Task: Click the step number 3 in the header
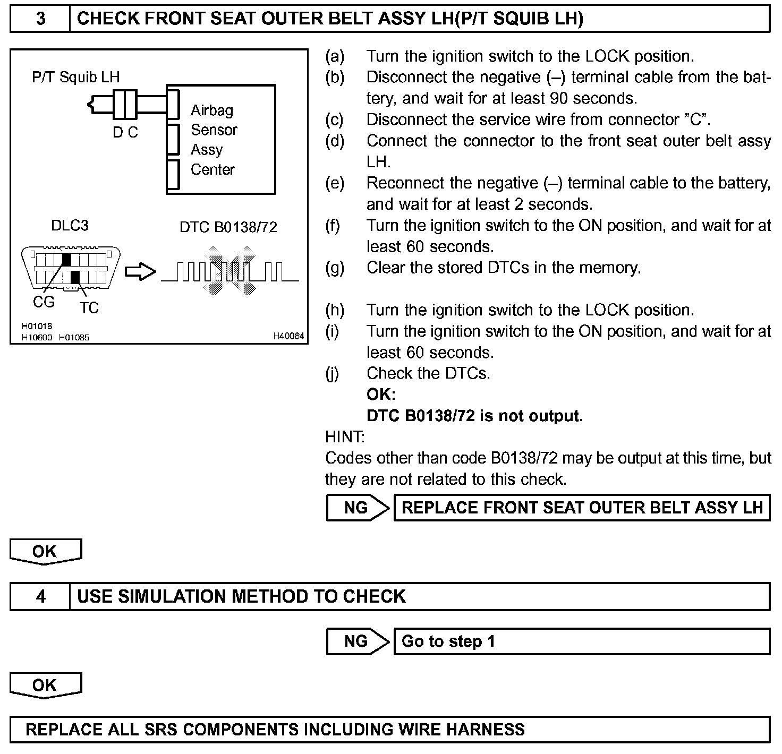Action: point(40,19)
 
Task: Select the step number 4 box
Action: point(40,596)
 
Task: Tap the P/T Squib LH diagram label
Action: point(75,77)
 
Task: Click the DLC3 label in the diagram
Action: point(70,226)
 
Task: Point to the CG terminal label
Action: point(44,302)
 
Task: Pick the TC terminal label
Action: point(89,307)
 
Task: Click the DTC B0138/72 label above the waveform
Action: point(228,227)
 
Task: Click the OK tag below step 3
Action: point(45,552)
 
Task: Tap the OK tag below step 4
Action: point(45,685)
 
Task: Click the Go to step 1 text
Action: point(448,641)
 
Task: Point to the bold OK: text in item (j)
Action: point(381,395)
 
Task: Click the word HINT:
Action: point(345,437)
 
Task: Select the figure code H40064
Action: point(288,336)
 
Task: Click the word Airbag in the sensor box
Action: point(212,110)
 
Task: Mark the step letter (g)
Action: point(335,268)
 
